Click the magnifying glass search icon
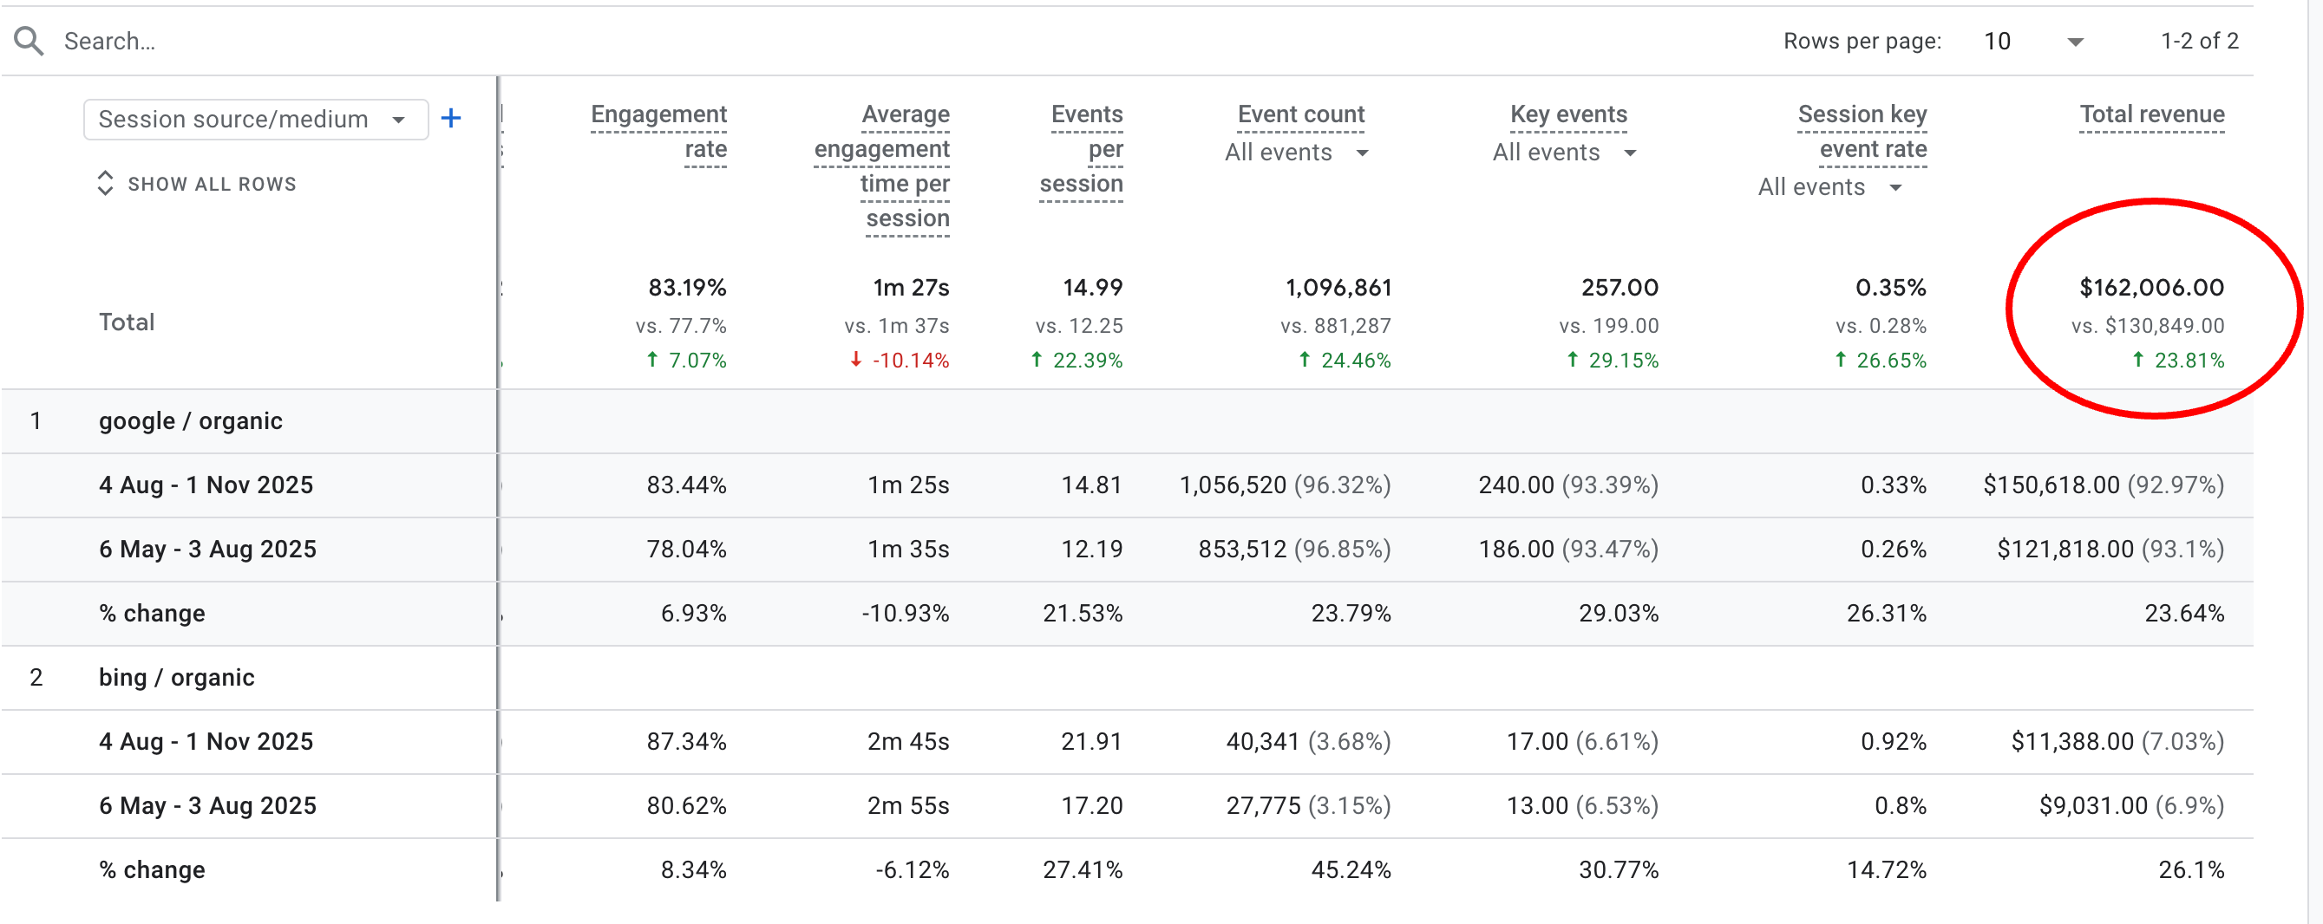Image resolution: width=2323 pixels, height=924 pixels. (x=29, y=41)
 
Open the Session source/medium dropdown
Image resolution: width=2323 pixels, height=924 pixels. (x=254, y=120)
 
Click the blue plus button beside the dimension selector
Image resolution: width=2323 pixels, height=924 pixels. (x=451, y=118)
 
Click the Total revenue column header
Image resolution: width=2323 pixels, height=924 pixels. (x=2150, y=114)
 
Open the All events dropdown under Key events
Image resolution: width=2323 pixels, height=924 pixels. (x=1564, y=153)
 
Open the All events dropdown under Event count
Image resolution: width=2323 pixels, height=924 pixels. (x=1296, y=153)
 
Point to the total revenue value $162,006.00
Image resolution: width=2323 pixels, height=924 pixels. (x=2150, y=288)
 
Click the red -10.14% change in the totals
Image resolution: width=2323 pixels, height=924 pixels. (x=901, y=361)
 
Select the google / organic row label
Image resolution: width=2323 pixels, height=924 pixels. (x=190, y=421)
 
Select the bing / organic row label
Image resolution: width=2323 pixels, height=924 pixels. (x=177, y=677)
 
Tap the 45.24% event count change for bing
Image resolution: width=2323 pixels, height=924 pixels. (x=1350, y=869)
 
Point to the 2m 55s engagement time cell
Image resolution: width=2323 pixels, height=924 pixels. (x=907, y=805)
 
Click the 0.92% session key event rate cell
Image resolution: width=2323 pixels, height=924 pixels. (x=1893, y=741)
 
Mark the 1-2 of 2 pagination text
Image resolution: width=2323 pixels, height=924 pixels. (x=2199, y=42)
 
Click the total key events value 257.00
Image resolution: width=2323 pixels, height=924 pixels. (x=1619, y=288)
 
